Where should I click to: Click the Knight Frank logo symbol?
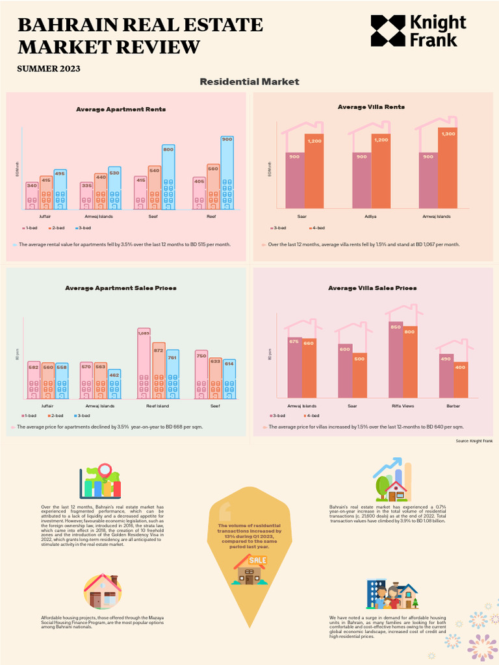(387, 31)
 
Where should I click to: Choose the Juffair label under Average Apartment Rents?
(45, 216)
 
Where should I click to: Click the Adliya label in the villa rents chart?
(370, 216)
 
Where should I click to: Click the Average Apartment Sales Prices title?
(121, 288)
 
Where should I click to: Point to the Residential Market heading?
(249, 82)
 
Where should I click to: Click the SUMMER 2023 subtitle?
(49, 68)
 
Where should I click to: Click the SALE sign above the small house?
(257, 560)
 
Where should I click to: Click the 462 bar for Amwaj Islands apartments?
(114, 383)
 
